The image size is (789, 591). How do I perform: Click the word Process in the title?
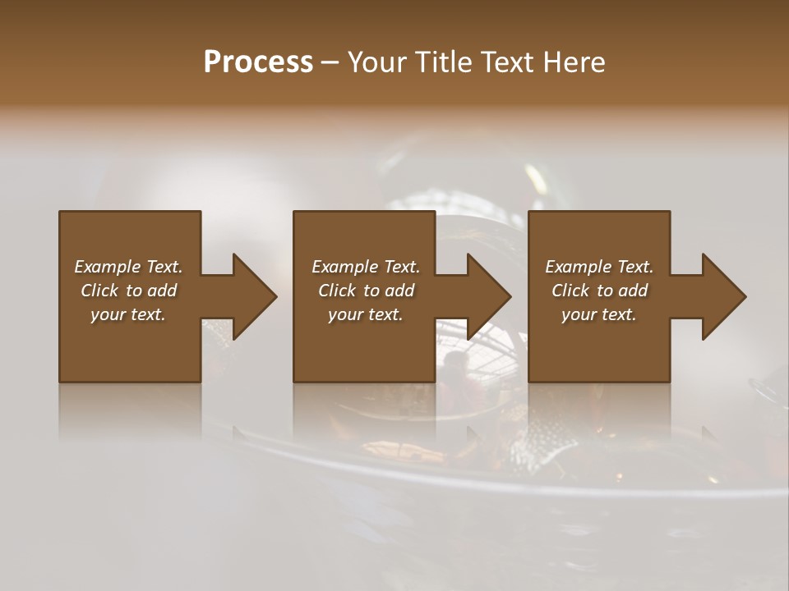258,62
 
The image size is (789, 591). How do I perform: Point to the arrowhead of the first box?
255,296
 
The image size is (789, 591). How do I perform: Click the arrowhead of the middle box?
490,296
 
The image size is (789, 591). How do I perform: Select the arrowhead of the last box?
724,296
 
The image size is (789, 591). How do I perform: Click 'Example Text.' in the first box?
128,267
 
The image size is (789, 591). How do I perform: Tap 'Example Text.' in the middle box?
366,267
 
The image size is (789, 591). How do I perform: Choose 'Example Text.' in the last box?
599,267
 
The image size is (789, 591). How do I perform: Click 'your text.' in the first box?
128,314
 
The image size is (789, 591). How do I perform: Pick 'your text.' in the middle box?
366,314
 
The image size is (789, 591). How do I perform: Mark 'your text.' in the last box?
599,314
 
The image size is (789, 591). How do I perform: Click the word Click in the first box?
99,291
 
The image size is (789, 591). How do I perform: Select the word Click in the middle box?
337,291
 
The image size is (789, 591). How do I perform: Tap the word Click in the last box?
570,291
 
